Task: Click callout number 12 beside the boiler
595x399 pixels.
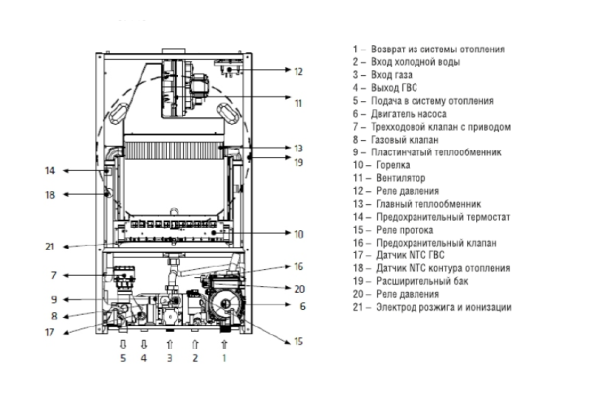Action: click(297, 71)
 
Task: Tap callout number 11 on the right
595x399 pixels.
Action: click(297, 102)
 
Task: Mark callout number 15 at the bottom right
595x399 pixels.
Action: click(299, 342)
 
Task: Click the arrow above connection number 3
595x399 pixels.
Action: click(170, 343)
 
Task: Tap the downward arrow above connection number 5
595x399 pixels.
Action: click(123, 343)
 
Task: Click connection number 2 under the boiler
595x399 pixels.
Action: click(195, 357)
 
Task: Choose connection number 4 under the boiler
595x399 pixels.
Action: click(143, 357)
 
